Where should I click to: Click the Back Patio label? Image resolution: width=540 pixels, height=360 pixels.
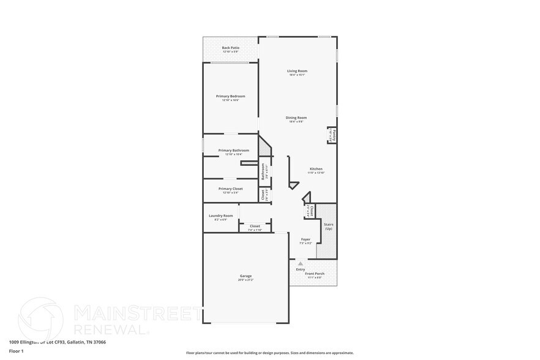click(231, 48)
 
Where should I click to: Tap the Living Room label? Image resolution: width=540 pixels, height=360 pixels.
click(298, 71)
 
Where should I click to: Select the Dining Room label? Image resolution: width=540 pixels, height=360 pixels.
click(296, 118)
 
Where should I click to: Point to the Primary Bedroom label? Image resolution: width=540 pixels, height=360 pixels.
click(231, 96)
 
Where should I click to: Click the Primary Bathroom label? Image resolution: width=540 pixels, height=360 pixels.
click(233, 150)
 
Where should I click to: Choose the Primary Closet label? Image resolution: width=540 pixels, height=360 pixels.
click(231, 189)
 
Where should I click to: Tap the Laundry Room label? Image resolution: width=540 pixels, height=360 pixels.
click(221, 216)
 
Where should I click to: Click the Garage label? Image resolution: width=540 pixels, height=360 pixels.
click(246, 276)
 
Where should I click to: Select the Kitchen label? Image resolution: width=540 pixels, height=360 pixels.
click(316, 169)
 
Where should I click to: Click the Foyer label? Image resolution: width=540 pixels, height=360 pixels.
click(306, 239)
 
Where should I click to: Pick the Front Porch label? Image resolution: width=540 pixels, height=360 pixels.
click(315, 274)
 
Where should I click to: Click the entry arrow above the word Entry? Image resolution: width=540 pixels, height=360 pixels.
click(301, 263)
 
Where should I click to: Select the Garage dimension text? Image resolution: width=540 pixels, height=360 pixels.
click(246, 280)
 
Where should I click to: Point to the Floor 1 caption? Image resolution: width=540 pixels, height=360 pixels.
click(17, 351)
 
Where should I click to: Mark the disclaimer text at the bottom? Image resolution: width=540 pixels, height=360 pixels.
click(269, 353)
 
